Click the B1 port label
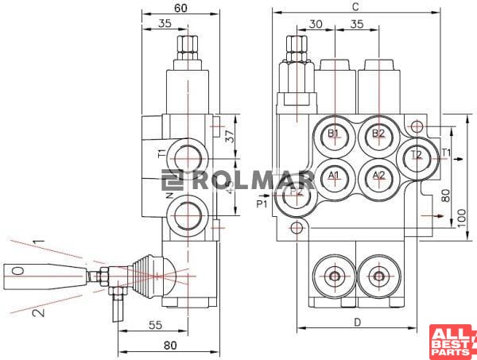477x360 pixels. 334,133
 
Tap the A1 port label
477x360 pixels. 334,175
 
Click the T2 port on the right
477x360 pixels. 417,156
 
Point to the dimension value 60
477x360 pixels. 180,8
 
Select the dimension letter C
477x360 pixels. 355,7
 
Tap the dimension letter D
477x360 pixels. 357,322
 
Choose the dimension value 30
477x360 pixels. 316,25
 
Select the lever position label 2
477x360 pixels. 35,312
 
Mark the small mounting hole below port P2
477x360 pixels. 297,229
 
